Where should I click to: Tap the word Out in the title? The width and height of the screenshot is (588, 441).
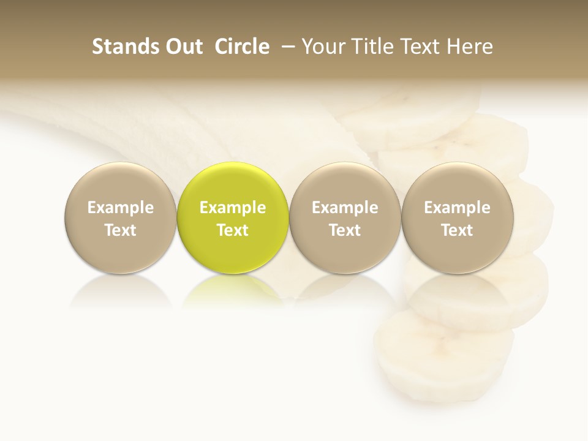click(182, 47)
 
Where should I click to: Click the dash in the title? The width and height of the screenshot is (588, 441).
click(286, 47)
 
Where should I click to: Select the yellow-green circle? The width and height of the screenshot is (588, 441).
click(233, 218)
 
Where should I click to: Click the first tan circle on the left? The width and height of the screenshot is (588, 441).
click(121, 218)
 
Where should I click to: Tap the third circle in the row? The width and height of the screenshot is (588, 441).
click(345, 218)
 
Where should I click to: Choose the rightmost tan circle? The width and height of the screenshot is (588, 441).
click(458, 218)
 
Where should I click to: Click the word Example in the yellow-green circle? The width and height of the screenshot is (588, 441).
click(233, 208)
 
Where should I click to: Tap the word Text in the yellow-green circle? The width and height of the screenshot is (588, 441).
click(233, 230)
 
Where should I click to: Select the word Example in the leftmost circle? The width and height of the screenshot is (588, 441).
click(121, 208)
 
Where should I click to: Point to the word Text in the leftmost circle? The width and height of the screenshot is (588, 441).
click(121, 230)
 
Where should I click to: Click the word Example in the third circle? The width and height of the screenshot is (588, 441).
click(345, 208)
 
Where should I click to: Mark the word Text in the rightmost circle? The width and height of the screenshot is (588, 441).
click(458, 230)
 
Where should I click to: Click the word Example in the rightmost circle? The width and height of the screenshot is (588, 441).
click(458, 208)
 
